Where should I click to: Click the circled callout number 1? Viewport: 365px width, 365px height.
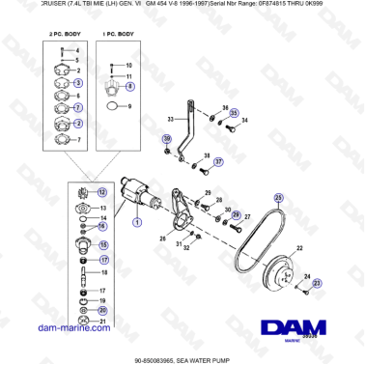coord(136,221)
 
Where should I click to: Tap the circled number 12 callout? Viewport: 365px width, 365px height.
coord(102,193)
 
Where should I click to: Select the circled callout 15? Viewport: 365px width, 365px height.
coord(104,245)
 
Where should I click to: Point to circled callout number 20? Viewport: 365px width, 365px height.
coord(102,310)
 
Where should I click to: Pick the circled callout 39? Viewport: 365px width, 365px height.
coord(166,139)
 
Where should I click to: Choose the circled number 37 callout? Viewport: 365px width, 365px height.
coord(218,162)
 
